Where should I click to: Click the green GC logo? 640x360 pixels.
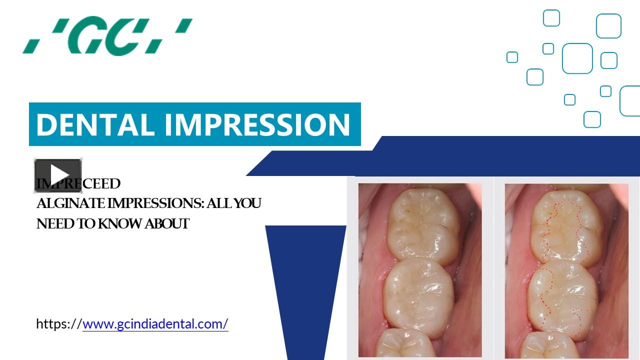[x=107, y=36]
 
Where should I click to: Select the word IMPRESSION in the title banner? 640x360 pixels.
[x=257, y=124]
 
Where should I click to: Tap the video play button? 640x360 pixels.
[x=58, y=175]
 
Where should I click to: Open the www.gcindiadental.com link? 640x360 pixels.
[x=155, y=324]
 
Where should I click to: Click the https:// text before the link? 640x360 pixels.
[x=59, y=324]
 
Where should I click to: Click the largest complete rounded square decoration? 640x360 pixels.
[x=577, y=58]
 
